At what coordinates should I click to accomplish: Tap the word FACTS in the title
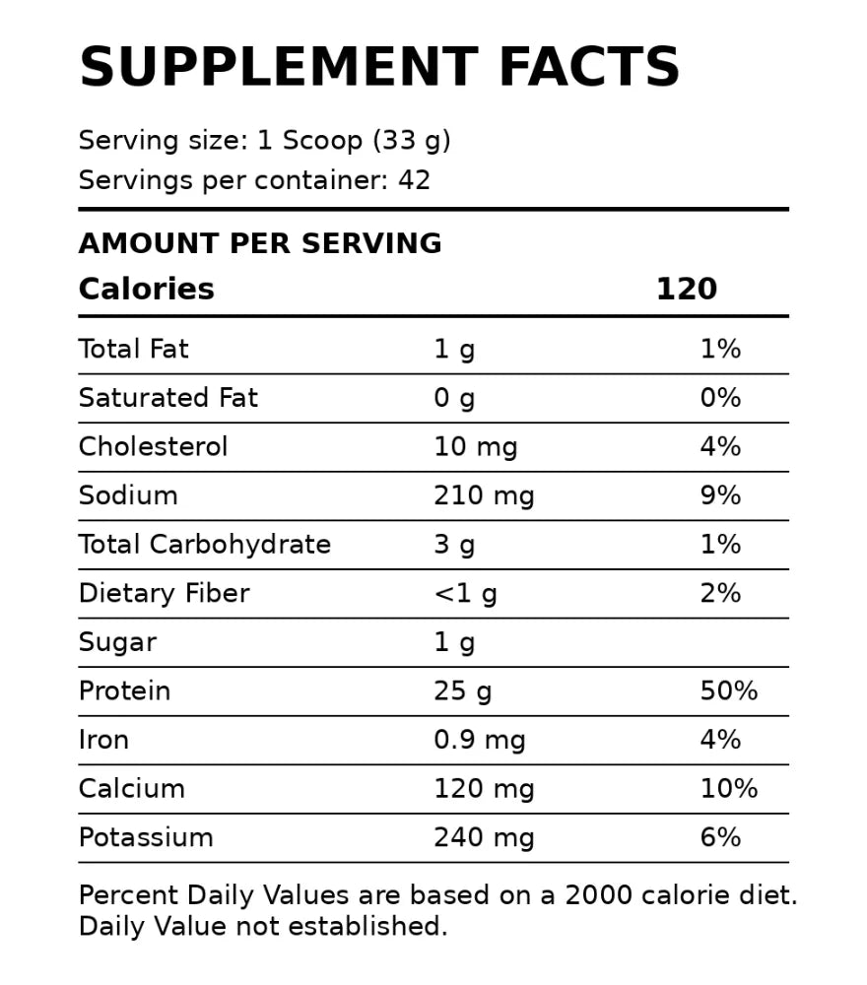(x=589, y=68)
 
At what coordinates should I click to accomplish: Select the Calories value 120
(x=687, y=289)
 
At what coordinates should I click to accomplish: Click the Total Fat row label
(x=133, y=349)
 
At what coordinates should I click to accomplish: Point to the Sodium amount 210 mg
(x=484, y=495)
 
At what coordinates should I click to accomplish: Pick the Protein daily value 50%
(x=728, y=690)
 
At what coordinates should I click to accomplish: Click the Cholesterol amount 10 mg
(x=475, y=447)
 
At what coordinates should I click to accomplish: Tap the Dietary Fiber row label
(x=164, y=593)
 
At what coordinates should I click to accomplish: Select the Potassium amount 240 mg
(x=484, y=837)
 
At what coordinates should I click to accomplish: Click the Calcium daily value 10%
(x=728, y=789)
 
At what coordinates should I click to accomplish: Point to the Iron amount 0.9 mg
(x=479, y=740)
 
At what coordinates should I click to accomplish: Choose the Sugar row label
(x=117, y=642)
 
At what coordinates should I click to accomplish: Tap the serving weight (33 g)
(x=411, y=141)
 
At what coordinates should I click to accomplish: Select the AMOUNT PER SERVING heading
(x=260, y=243)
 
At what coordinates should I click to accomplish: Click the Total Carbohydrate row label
(x=204, y=545)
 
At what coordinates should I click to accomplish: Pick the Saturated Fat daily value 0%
(x=720, y=398)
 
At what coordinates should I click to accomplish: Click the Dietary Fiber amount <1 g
(x=465, y=593)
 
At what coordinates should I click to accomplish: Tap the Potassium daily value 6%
(x=720, y=837)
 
